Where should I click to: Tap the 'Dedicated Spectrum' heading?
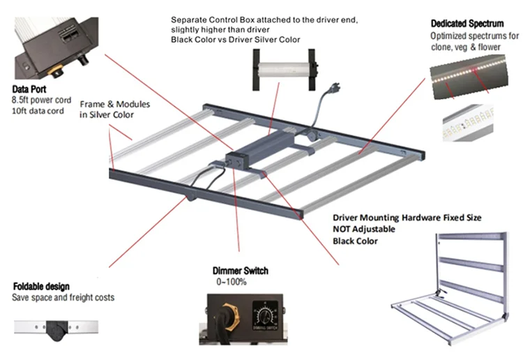click(467, 24)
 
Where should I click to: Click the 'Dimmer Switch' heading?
click(241, 271)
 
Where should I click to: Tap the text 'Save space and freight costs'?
click(63, 298)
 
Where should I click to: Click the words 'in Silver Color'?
click(105, 114)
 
